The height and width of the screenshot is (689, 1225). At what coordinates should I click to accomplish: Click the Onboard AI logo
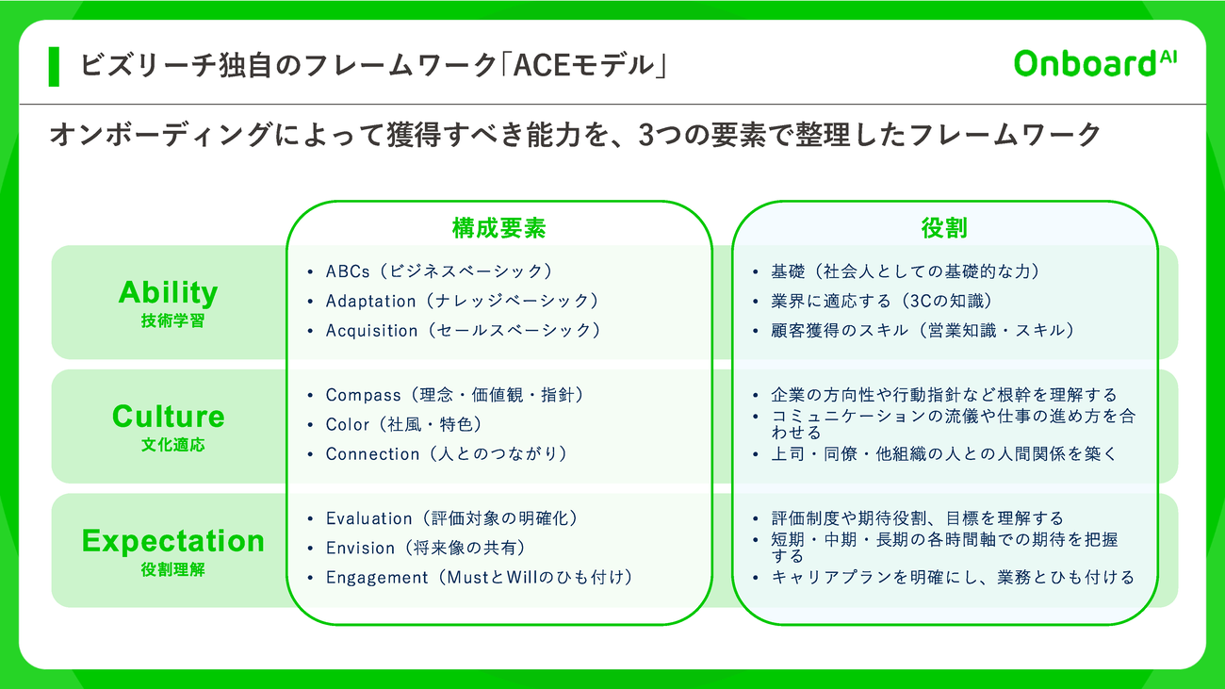pos(1095,63)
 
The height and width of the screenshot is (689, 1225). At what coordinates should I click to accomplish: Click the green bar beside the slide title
pos(54,67)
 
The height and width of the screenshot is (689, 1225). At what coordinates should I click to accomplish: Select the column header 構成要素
pos(498,228)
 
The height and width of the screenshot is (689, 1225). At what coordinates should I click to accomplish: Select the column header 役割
pos(944,228)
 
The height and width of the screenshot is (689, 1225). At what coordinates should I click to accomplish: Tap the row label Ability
pos(169,293)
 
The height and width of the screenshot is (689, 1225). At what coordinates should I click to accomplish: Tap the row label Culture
pos(169,417)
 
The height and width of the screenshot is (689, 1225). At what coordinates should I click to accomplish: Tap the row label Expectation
pos(172,541)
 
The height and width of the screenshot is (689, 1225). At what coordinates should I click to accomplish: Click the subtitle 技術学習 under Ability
pos(172,320)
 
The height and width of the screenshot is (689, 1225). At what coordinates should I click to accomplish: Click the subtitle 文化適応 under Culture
pos(172,445)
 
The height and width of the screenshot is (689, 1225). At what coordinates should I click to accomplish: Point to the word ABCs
pos(348,271)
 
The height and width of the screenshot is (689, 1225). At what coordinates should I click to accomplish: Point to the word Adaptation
pos(370,302)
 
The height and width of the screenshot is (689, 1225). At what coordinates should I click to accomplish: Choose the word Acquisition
pos(372,331)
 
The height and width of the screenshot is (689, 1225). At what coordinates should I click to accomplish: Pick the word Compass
pos(363,395)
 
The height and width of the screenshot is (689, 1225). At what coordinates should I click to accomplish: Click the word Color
pos(348,424)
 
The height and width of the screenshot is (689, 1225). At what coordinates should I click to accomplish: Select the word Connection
pos(372,454)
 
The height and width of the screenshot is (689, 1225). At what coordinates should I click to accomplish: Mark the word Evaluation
pos(369,518)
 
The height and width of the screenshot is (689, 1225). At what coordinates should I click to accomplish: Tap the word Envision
pos(360,548)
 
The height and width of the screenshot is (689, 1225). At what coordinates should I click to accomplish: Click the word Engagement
pos(377,578)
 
